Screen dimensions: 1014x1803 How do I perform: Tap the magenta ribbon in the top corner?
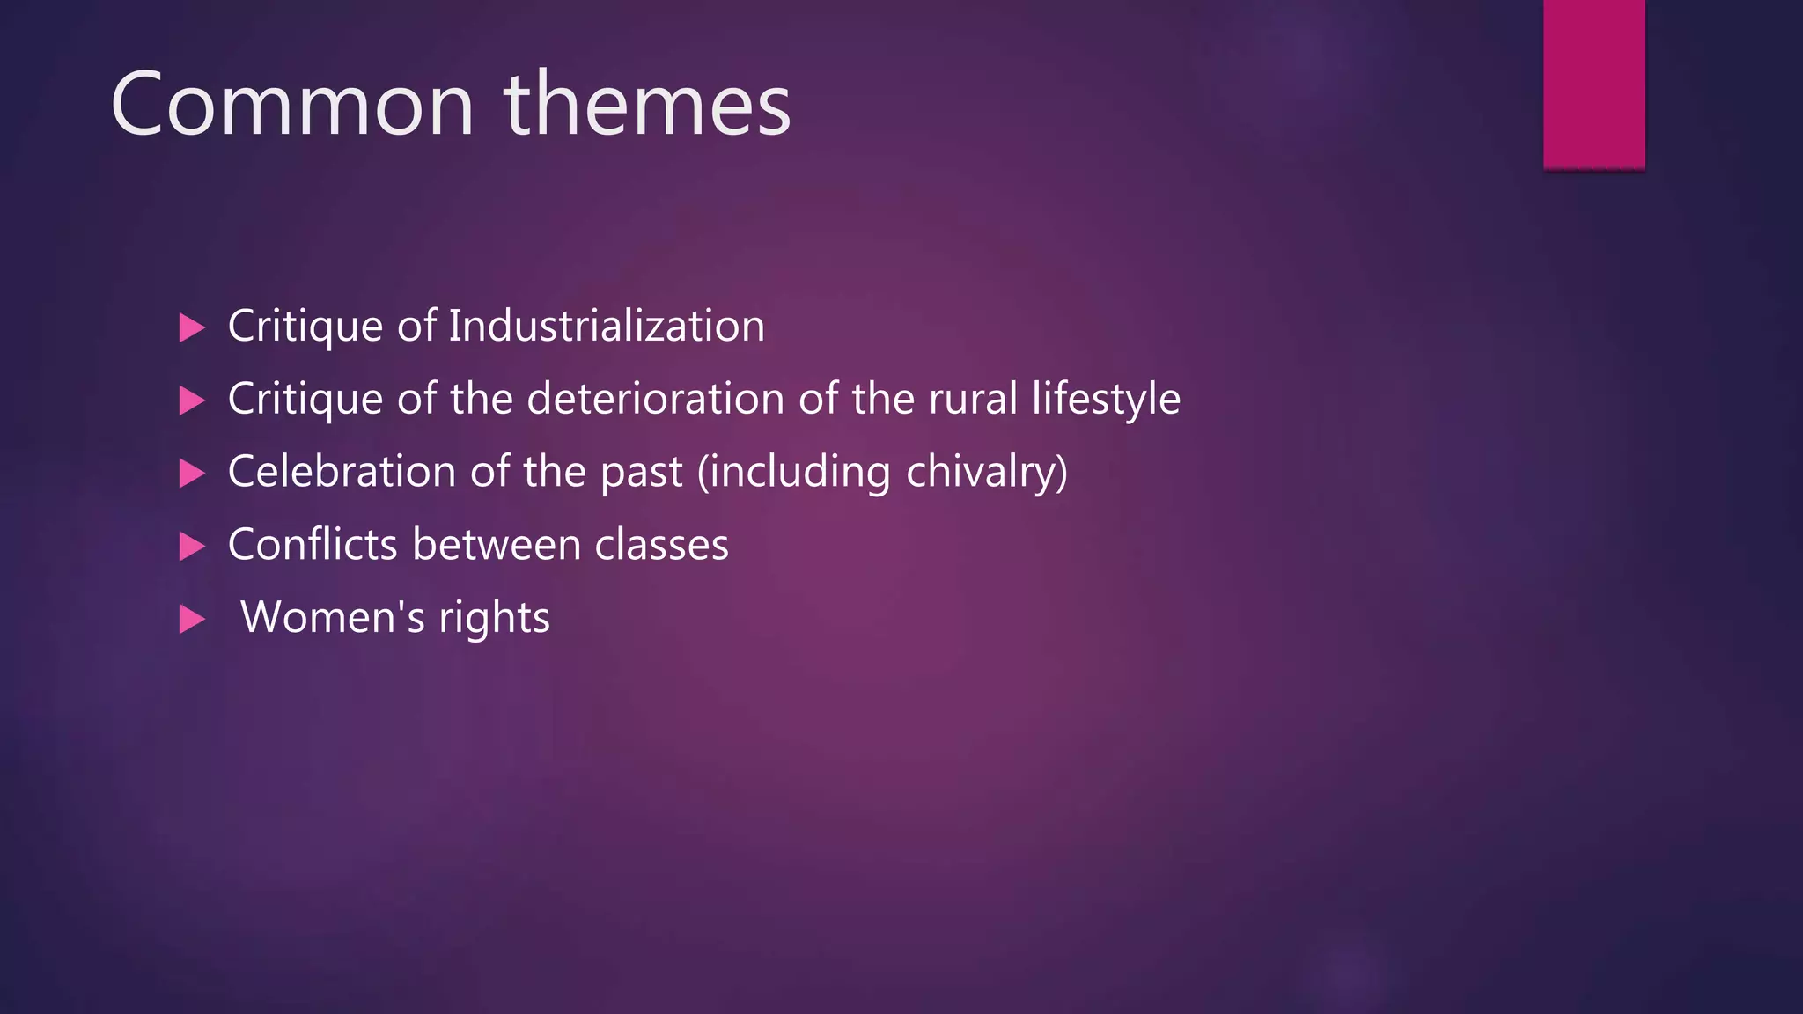(1593, 84)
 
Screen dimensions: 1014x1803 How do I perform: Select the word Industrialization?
(607, 327)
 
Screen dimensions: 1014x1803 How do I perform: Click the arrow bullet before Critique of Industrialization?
(191, 328)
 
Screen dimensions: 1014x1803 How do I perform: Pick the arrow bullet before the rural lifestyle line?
(191, 401)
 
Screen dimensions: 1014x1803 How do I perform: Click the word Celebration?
(342, 472)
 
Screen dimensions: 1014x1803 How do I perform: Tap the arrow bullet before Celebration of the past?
(191, 474)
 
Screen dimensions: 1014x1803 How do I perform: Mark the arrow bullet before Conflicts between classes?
(191, 547)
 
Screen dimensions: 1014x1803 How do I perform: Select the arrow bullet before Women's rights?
(191, 620)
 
